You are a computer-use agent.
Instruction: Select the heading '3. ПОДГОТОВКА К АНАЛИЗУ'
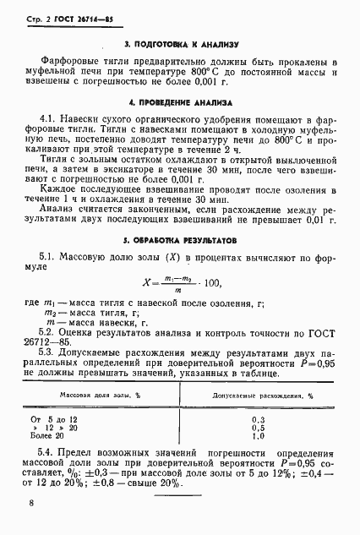pyautogui.click(x=180, y=43)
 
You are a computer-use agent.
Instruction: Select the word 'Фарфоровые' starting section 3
pyautogui.click(x=74, y=62)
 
